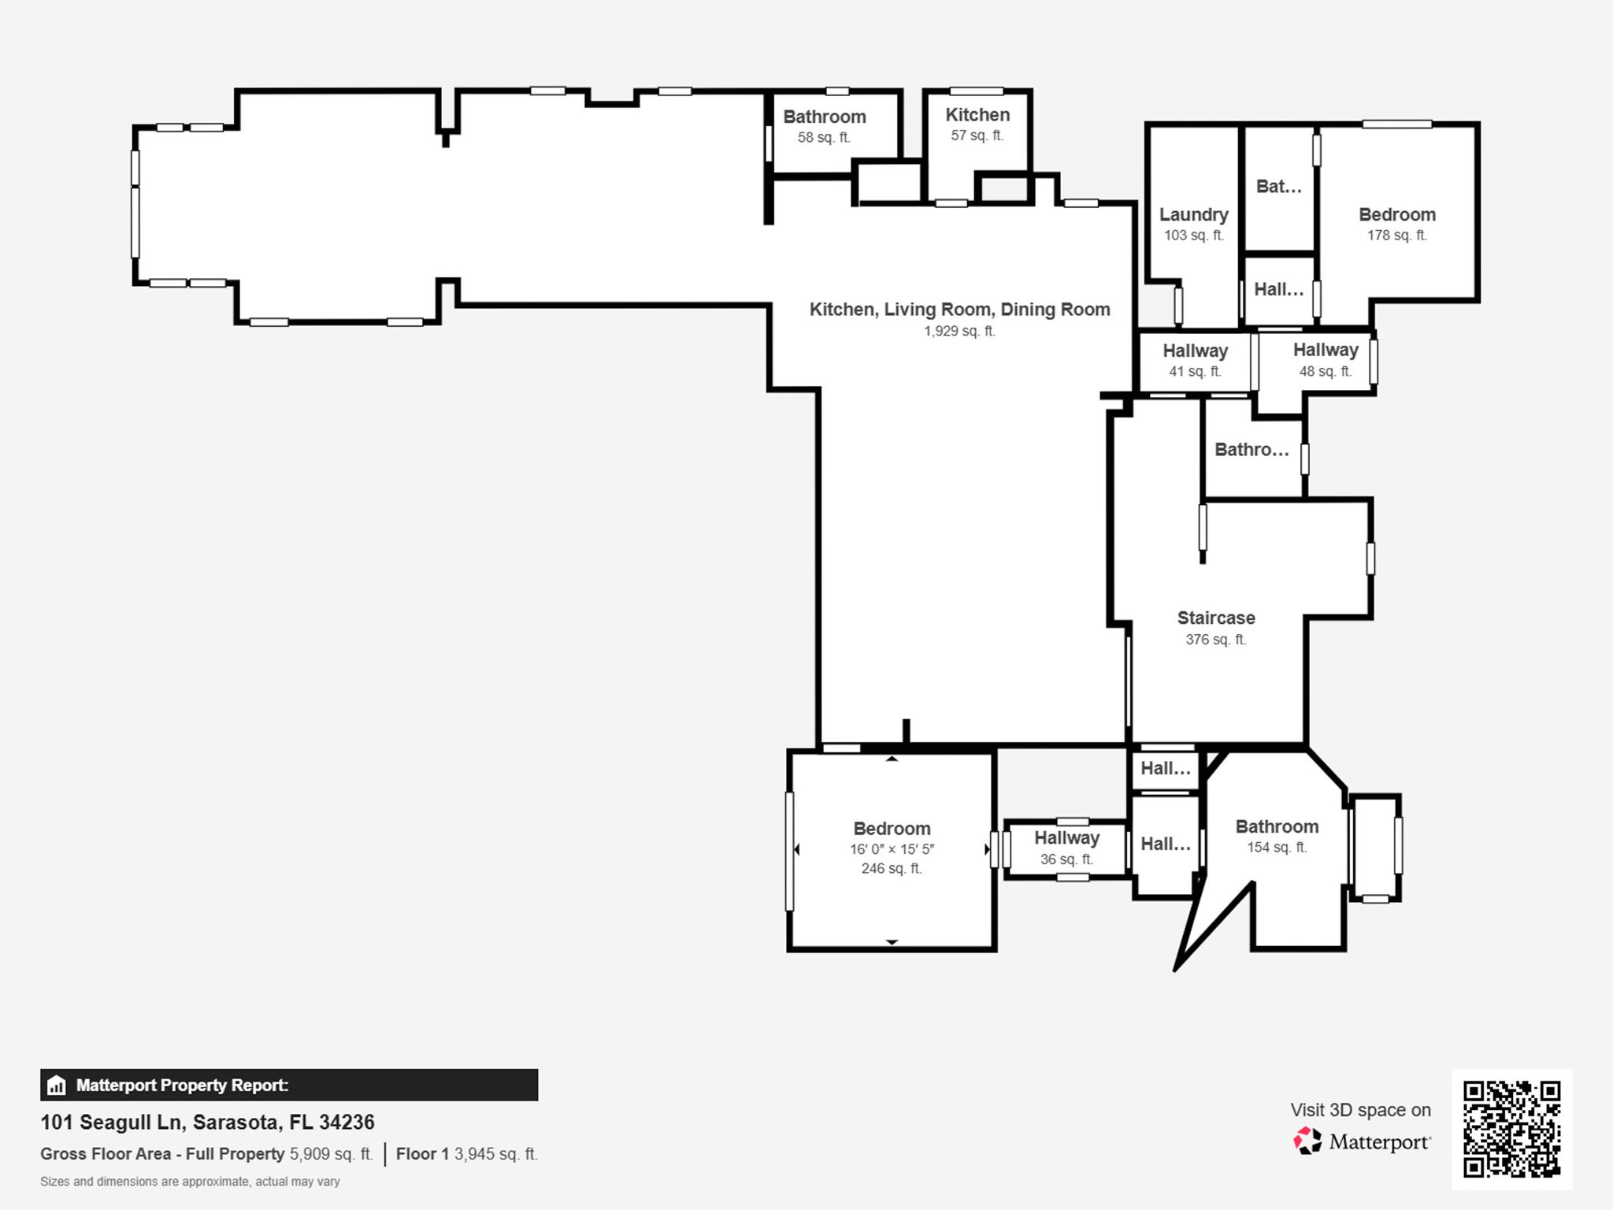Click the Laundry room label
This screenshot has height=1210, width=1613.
(1193, 215)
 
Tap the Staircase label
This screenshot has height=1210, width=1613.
(1215, 618)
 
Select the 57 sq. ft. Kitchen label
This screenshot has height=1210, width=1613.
(977, 115)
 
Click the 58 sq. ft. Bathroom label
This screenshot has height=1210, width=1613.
(824, 117)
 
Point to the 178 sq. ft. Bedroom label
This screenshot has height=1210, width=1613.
(1396, 215)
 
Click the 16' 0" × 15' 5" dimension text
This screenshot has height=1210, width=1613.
(892, 849)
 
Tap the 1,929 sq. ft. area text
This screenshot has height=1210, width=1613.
(959, 331)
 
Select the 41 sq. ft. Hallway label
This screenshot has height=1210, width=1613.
(1195, 351)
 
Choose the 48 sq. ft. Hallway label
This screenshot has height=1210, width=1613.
(1325, 351)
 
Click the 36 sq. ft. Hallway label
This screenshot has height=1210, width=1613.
(1066, 838)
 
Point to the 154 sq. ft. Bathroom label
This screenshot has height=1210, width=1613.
(1276, 827)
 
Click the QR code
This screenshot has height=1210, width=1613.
(1511, 1129)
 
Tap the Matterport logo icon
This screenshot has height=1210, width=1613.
(1307, 1141)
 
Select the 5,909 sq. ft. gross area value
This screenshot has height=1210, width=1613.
(331, 1154)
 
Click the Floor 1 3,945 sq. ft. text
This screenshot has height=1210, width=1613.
(466, 1154)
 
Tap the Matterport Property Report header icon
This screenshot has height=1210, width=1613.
(56, 1086)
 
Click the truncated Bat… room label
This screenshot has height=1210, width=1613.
(1278, 187)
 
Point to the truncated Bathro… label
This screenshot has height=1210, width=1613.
(1251, 450)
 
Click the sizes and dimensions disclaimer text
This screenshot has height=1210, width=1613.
(190, 1182)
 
